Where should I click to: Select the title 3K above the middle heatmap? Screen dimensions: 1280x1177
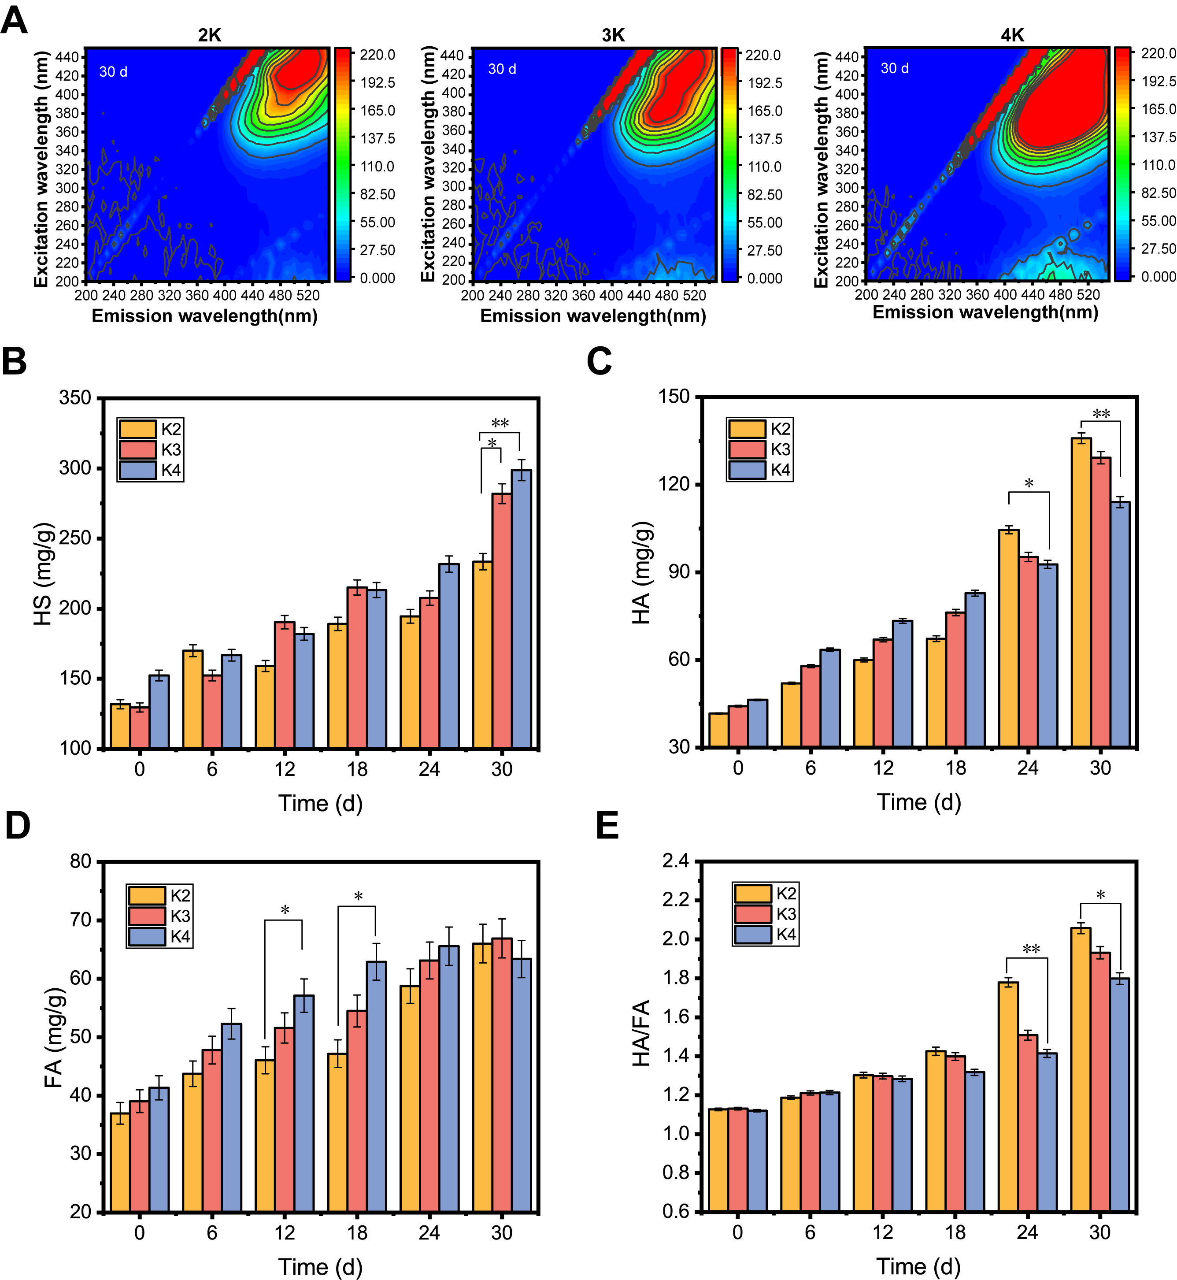click(x=613, y=35)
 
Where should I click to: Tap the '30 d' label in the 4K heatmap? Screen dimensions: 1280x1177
click(x=894, y=69)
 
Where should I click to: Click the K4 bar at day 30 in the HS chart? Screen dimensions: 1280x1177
click(x=521, y=608)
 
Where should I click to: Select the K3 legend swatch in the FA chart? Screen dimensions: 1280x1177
click(x=147, y=916)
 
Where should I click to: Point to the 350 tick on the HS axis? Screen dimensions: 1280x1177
click(x=75, y=398)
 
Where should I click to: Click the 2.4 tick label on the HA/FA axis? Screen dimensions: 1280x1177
click(x=675, y=861)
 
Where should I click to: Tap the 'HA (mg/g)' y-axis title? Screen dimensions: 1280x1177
click(x=642, y=573)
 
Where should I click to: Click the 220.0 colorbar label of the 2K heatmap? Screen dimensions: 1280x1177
click(x=377, y=55)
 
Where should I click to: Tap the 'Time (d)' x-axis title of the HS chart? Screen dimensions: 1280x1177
click(x=320, y=803)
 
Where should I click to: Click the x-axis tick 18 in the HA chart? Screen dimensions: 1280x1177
click(x=955, y=768)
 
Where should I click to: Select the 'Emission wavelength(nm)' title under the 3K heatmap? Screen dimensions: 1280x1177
click(x=593, y=316)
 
